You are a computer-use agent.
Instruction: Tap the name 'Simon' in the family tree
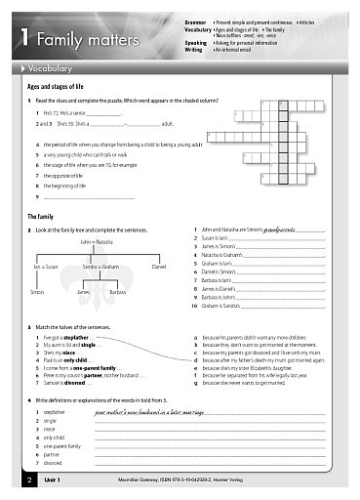[x=37, y=292]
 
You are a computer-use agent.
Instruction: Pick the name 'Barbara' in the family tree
[x=117, y=292]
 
